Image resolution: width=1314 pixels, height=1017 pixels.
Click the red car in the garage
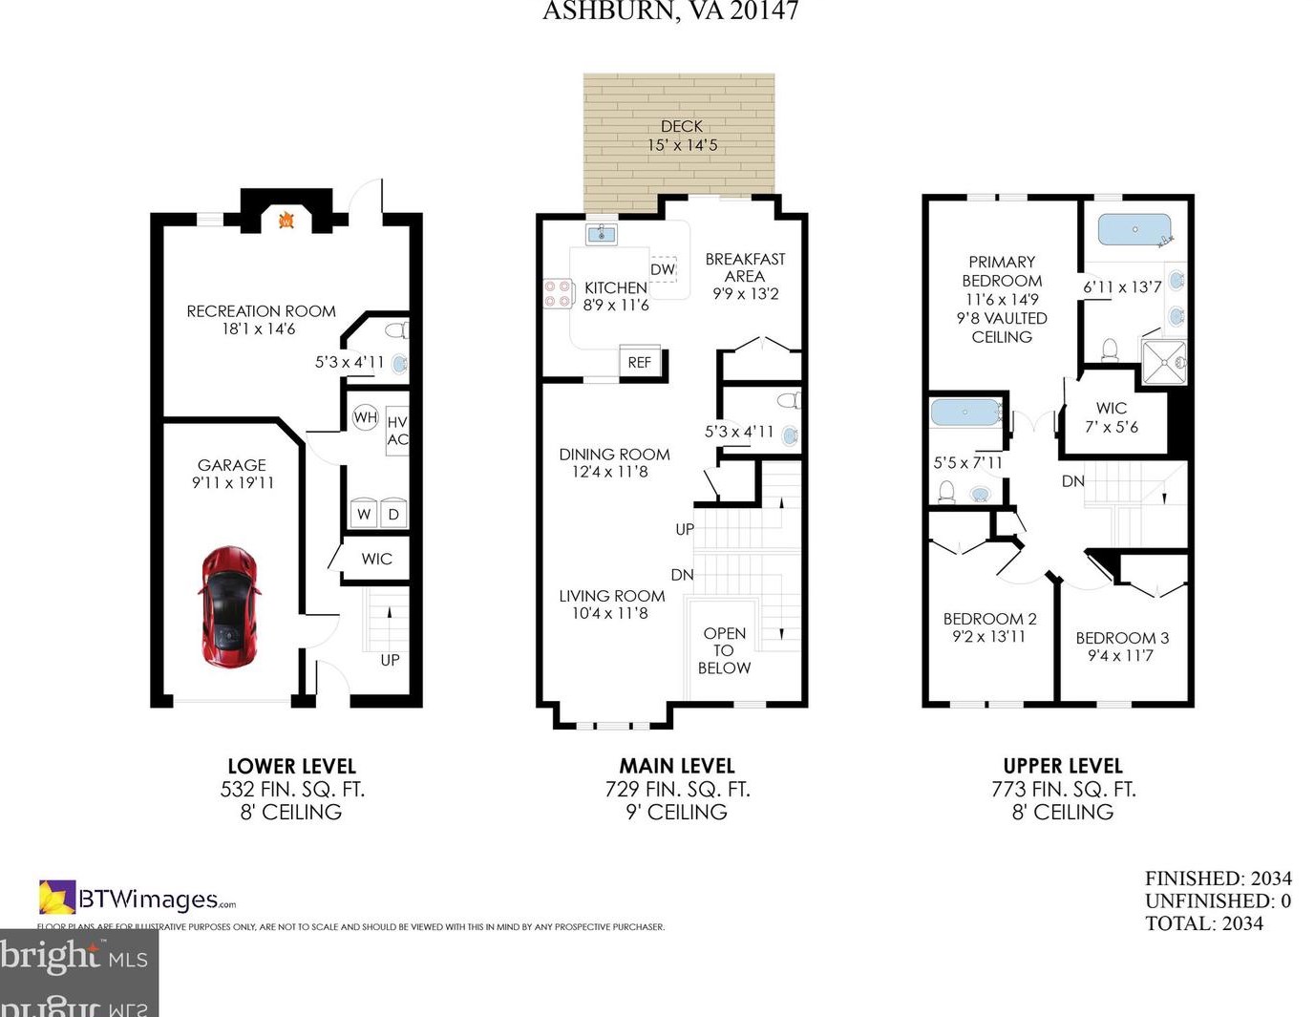229,606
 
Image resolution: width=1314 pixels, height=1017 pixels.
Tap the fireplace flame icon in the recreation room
286,221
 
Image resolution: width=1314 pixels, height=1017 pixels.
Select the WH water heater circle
365,417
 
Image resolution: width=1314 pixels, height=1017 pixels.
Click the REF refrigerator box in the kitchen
640,362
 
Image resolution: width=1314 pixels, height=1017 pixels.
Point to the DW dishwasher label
663,269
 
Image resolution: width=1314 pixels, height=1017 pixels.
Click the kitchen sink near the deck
601,234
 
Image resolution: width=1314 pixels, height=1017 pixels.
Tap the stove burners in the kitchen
557,293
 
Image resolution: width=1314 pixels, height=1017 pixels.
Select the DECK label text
681,126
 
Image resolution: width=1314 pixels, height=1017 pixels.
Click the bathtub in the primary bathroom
1134,230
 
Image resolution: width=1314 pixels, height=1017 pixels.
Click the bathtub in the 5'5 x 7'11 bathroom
964,413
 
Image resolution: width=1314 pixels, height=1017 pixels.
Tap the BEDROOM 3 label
1122,638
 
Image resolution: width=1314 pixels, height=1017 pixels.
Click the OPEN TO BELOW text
724,650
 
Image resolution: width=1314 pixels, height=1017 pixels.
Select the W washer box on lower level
364,514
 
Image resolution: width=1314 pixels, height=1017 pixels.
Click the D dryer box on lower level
393,514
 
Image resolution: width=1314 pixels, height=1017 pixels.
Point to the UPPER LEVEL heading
1062,766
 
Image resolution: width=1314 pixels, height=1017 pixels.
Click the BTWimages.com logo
138,899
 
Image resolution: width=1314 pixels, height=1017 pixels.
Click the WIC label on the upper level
1111,408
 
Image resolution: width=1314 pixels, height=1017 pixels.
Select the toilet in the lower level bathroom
395,330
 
